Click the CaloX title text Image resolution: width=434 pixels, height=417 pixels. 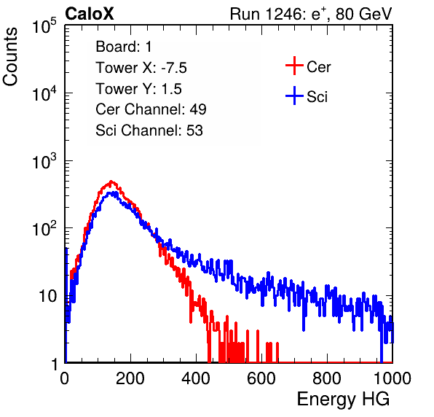tap(90, 14)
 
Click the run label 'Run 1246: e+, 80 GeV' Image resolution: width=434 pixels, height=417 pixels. tap(311, 14)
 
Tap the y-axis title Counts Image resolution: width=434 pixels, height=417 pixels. tap(10, 57)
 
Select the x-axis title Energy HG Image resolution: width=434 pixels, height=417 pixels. tap(343, 399)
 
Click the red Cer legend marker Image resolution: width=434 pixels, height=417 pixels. tap(294, 66)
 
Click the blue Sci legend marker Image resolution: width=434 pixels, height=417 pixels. tap(294, 96)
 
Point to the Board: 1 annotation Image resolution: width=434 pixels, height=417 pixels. tap(124, 47)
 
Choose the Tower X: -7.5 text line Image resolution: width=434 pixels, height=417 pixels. tap(141, 68)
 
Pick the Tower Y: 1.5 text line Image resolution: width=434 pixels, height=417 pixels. tap(138, 89)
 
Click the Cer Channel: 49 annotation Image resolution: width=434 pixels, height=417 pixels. tap(151, 109)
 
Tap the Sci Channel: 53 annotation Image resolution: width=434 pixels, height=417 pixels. tap(149, 130)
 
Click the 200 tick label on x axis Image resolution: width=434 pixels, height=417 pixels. tap(130, 378)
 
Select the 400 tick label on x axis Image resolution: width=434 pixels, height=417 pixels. tap(196, 378)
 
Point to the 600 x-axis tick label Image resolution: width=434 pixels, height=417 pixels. tap(261, 378)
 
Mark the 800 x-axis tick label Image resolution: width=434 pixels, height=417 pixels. tap(327, 378)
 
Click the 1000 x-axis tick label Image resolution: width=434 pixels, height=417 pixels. tap(392, 378)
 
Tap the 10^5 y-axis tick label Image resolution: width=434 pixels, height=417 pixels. tap(44, 26)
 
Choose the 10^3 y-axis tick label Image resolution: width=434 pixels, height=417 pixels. tap(44, 161)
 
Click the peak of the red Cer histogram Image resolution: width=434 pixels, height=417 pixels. tap(111, 182)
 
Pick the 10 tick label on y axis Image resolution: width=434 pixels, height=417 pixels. tap(47, 296)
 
